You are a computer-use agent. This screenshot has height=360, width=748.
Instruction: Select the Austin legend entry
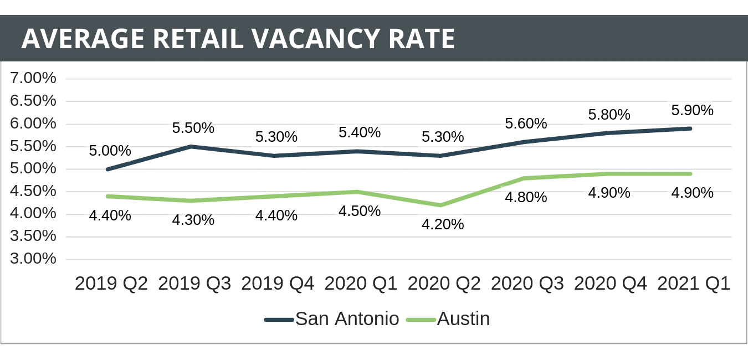click(x=448, y=319)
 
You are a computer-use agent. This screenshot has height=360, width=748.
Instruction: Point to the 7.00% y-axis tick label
click(x=34, y=78)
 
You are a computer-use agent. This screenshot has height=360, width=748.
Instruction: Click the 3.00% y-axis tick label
click(x=34, y=259)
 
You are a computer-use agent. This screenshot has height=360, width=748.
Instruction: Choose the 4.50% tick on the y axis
click(x=34, y=191)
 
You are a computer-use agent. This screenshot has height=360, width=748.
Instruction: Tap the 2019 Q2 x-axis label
click(x=111, y=284)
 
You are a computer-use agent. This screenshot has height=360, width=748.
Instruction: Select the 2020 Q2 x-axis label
click(x=444, y=284)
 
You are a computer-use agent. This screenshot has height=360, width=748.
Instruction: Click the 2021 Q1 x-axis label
click(x=693, y=284)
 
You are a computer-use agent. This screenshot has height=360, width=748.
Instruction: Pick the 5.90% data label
click(x=692, y=110)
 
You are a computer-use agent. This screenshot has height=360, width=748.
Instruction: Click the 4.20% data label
click(x=443, y=224)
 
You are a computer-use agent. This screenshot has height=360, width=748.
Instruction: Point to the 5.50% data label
click(x=193, y=128)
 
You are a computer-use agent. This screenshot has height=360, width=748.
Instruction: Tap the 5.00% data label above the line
click(x=110, y=151)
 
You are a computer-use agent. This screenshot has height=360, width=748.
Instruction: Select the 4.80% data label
click(x=526, y=197)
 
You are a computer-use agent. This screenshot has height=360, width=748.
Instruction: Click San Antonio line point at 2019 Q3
click(x=191, y=147)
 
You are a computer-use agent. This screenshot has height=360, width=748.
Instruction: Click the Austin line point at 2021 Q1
click(x=690, y=174)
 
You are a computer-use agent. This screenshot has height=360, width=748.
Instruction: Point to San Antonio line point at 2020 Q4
click(x=607, y=133)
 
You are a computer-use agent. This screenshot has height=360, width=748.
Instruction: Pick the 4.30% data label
click(x=193, y=220)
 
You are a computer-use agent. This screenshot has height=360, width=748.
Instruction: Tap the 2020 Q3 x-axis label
click(x=527, y=284)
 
